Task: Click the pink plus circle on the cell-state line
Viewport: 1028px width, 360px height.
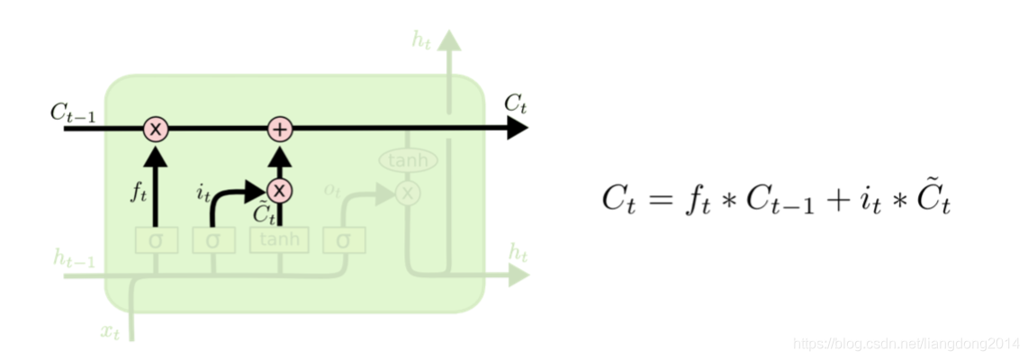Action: [x=281, y=130]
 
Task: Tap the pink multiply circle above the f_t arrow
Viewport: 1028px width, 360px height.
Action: [x=156, y=130]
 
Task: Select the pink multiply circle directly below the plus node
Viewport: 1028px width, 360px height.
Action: [x=280, y=190]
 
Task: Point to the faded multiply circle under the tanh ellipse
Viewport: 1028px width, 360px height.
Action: [x=408, y=192]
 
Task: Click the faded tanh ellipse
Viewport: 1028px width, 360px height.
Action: [x=408, y=160]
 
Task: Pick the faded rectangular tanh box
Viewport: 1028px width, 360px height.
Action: [x=279, y=240]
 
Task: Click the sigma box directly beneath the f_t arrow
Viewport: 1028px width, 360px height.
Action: [x=156, y=240]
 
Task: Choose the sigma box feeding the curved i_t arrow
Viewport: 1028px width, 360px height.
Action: [x=212, y=240]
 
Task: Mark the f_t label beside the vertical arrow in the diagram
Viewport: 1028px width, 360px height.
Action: [x=139, y=192]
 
